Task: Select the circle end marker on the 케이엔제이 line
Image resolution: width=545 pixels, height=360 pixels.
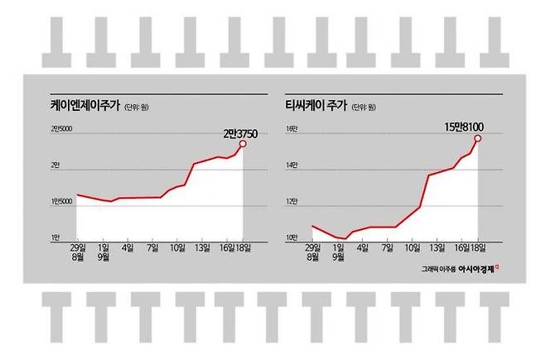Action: (243, 144)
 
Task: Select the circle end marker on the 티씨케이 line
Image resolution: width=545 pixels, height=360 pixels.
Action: (478, 138)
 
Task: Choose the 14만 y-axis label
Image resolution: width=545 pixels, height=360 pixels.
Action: (292, 165)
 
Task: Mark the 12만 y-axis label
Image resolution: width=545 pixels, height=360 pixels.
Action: (292, 201)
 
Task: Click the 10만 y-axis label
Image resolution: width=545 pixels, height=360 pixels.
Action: (292, 238)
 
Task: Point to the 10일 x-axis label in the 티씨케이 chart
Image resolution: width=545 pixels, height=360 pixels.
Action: (411, 247)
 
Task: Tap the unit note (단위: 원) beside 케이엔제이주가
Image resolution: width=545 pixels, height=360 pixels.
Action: (139, 107)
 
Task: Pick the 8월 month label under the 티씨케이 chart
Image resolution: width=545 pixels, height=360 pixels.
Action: (312, 257)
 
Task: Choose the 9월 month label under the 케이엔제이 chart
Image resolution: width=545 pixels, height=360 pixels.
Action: (104, 257)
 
